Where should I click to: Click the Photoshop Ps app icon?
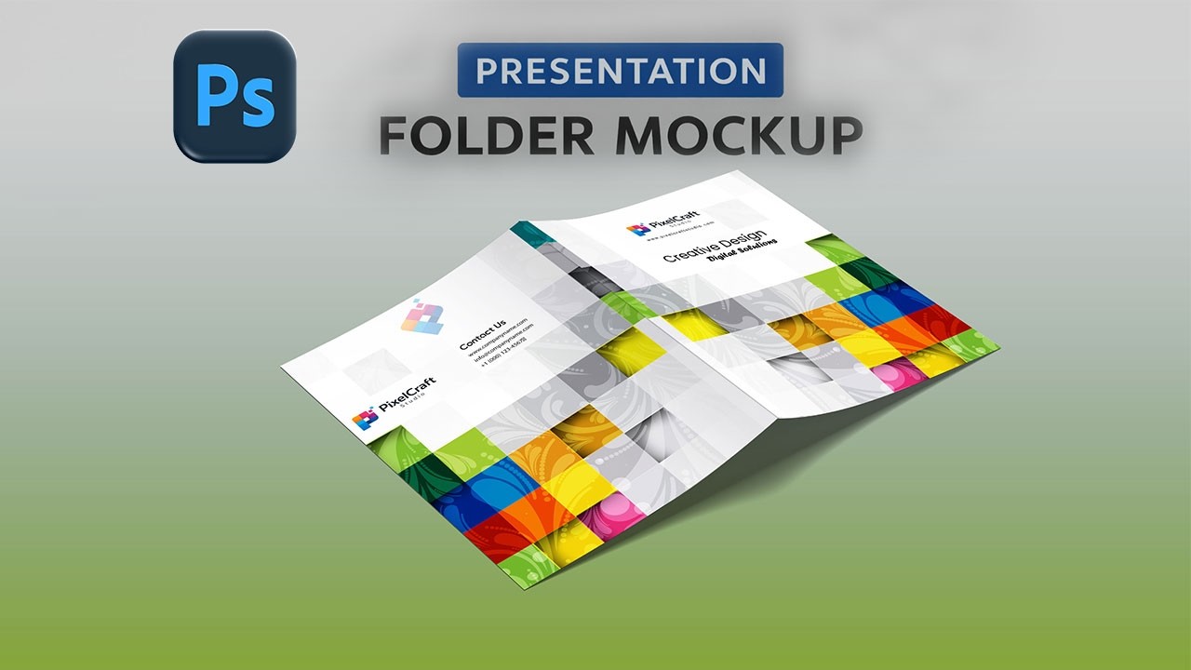tap(234, 96)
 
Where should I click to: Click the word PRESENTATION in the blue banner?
tap(620, 71)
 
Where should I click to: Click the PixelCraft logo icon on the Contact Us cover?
tap(363, 420)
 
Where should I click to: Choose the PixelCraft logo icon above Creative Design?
tap(637, 229)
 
